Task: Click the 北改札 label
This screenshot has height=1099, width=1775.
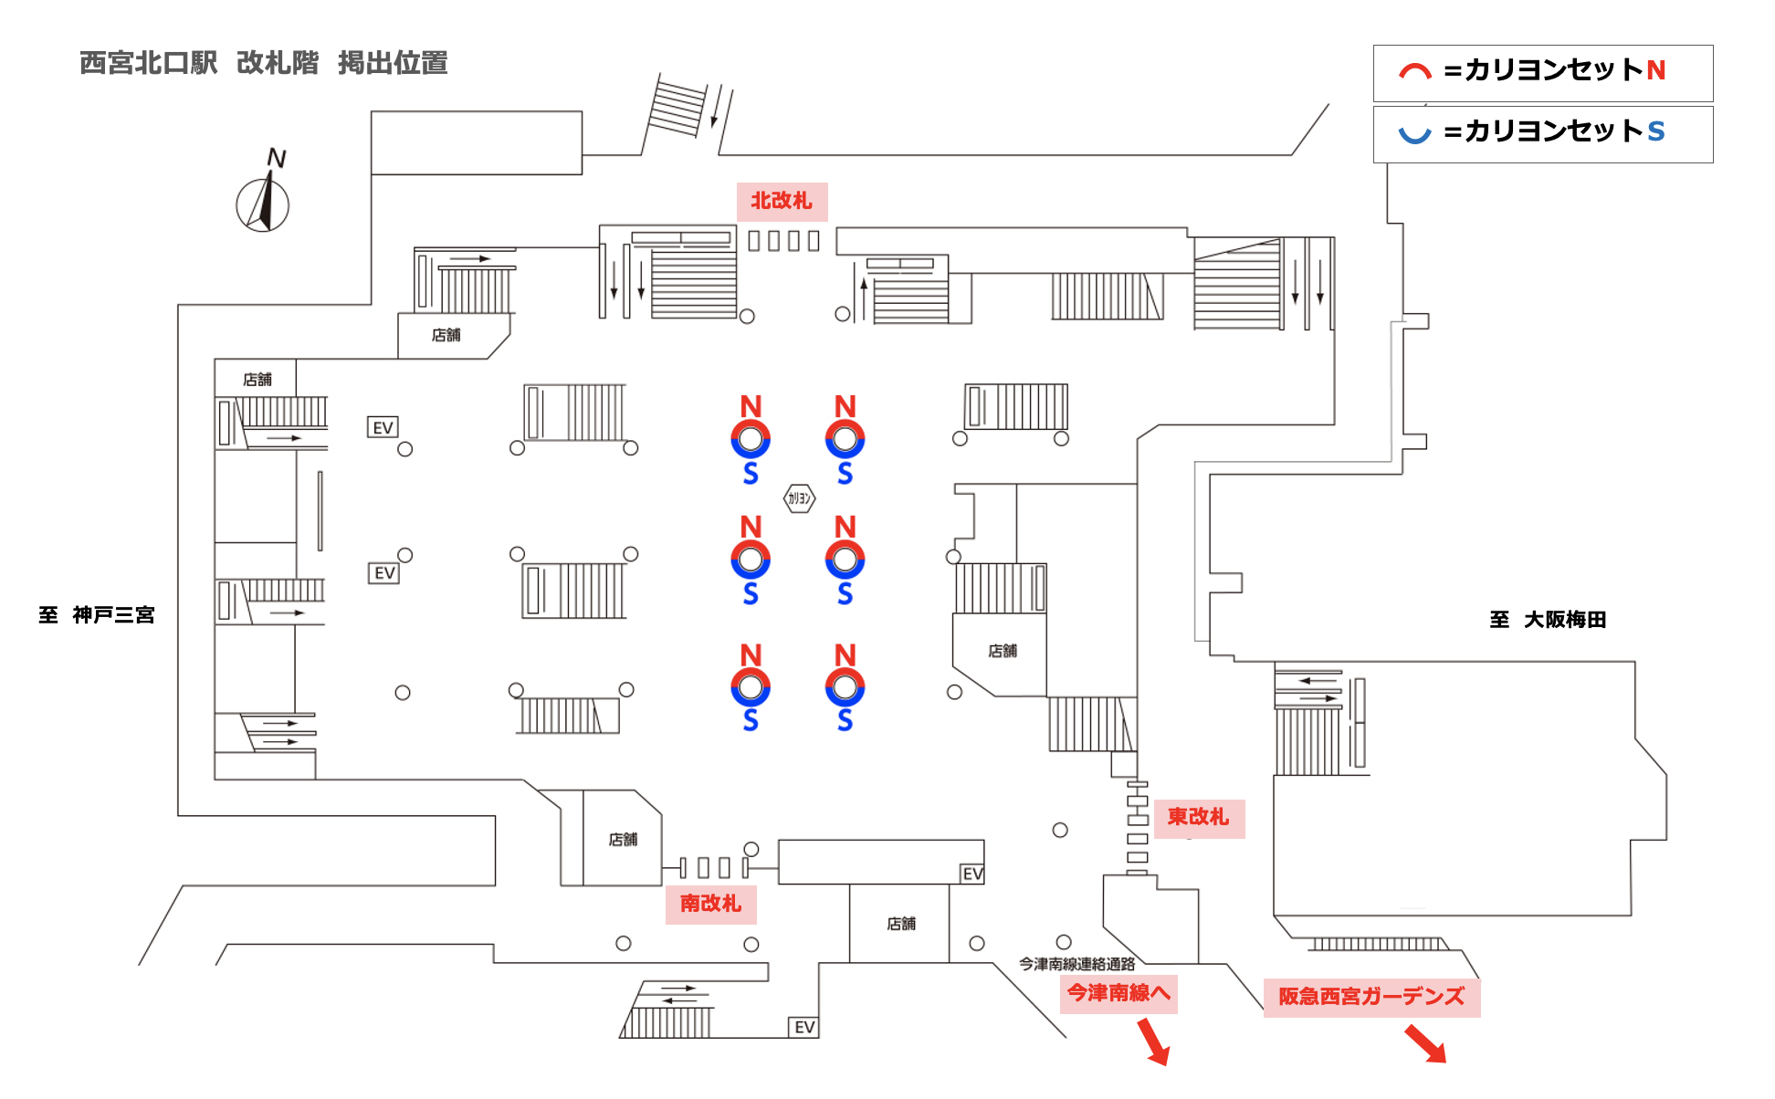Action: tap(782, 201)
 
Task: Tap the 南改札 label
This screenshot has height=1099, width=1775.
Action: tap(710, 904)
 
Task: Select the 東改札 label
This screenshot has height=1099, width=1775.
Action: tap(1198, 817)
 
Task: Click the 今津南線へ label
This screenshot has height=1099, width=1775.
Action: tap(1119, 993)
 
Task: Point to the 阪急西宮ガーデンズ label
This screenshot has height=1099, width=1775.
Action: tap(1371, 997)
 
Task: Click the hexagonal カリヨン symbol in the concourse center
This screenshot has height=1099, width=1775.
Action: tap(799, 498)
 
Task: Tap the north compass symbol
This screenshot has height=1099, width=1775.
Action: tap(264, 196)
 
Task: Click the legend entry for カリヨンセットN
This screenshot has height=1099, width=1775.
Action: tap(1542, 72)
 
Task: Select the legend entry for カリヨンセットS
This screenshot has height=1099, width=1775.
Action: tap(1542, 133)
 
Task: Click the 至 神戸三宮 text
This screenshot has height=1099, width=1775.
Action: tap(97, 615)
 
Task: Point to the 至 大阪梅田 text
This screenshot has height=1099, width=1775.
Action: tap(1548, 620)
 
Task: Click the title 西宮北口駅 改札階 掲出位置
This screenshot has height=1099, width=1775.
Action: tap(263, 63)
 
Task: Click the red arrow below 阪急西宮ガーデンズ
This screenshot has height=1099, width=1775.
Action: tap(1425, 1043)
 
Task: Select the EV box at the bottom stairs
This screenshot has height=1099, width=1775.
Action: tap(803, 1028)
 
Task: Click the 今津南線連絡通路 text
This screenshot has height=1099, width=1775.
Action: tap(1077, 964)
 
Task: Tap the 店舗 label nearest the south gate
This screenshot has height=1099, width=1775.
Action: tap(623, 840)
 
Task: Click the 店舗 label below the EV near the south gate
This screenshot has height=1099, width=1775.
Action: tap(900, 924)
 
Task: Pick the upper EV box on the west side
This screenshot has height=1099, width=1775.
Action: tap(383, 428)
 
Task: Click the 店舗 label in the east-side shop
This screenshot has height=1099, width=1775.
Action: tap(1002, 651)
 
